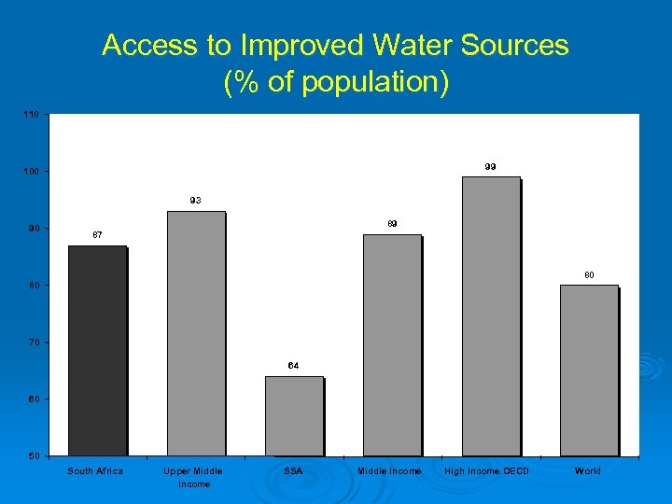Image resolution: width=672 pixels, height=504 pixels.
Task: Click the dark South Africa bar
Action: (97, 350)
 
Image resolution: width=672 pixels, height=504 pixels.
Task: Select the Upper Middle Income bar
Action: (196, 333)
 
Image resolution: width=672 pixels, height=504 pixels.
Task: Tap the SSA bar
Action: (294, 415)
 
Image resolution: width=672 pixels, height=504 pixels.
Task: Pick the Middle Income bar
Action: (392, 344)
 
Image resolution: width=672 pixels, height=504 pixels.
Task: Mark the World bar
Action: (589, 370)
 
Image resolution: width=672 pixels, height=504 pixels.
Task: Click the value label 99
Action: (490, 166)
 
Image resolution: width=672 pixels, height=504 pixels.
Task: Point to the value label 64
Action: (293, 365)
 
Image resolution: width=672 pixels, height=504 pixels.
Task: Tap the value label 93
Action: (195, 200)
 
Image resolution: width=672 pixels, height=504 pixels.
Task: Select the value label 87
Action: (97, 234)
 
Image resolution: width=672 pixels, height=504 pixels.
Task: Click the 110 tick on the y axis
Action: (32, 115)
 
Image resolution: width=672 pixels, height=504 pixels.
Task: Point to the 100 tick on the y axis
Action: (32, 172)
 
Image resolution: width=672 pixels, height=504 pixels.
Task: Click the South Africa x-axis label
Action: (95, 471)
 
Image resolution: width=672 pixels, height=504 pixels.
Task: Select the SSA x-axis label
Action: (293, 471)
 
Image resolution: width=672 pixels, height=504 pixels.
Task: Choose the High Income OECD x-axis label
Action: (487, 471)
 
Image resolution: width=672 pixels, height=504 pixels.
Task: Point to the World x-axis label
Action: (588, 471)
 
